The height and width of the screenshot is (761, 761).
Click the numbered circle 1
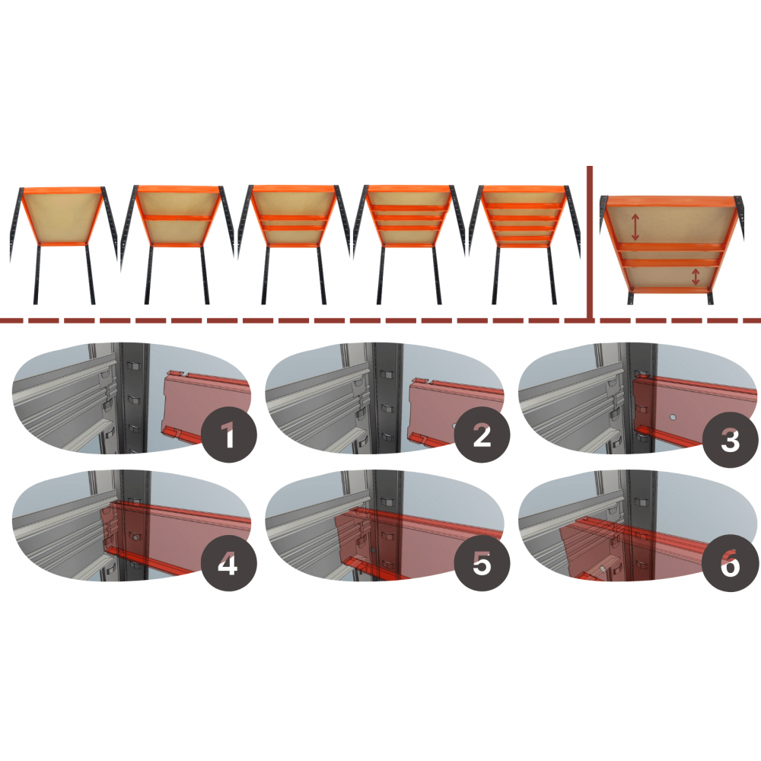(228, 435)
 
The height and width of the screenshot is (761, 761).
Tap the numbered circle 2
(482, 435)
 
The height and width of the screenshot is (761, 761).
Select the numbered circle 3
(731, 440)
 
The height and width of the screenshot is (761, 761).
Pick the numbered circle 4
(228, 563)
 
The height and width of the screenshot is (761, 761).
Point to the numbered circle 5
(482, 563)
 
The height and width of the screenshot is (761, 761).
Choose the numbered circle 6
(731, 563)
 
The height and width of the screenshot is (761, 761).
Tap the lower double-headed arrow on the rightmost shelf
(696, 277)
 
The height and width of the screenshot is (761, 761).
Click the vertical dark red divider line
(590, 243)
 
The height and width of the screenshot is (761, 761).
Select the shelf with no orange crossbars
(63, 245)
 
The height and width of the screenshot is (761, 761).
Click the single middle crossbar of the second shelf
(177, 218)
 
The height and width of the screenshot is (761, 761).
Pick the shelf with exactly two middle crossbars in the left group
(293, 245)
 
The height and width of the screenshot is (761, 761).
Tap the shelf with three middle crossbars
(409, 245)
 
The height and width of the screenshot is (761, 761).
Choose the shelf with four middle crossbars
(524, 245)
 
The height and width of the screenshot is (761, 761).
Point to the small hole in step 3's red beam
(672, 417)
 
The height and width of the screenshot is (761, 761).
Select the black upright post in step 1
(133, 398)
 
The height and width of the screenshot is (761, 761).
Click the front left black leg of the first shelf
(37, 275)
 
